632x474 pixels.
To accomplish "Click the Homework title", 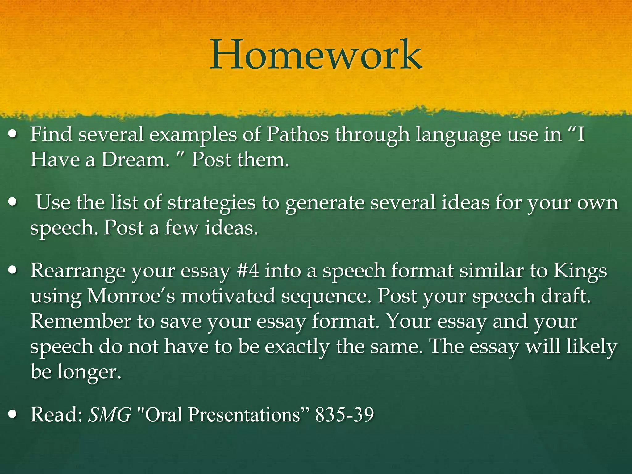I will point(316,55).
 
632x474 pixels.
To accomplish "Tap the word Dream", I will point(135,160).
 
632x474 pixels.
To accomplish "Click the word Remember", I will point(81,322).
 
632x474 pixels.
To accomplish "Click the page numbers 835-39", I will point(344,415).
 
